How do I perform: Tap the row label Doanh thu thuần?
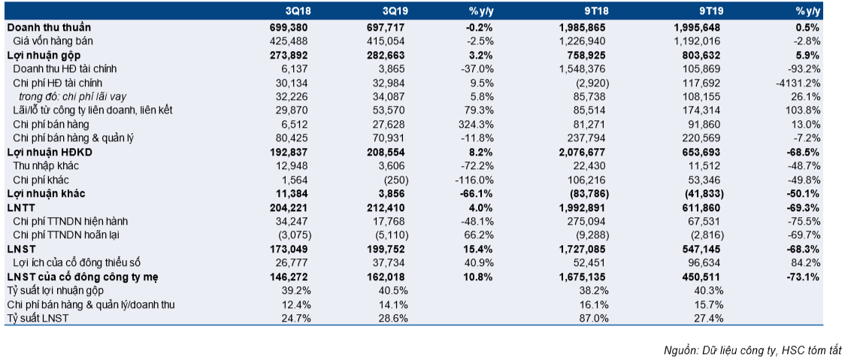tap(49, 27)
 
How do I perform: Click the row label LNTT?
tap(19, 207)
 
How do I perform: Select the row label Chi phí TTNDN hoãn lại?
tap(65, 236)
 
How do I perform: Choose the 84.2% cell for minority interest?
tap(809, 263)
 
